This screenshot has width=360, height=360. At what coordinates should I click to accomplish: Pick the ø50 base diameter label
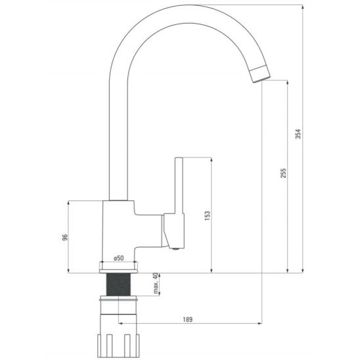click(119, 258)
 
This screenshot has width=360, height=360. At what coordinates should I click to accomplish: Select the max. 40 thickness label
click(156, 284)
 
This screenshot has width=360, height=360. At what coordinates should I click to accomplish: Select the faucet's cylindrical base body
click(118, 230)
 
